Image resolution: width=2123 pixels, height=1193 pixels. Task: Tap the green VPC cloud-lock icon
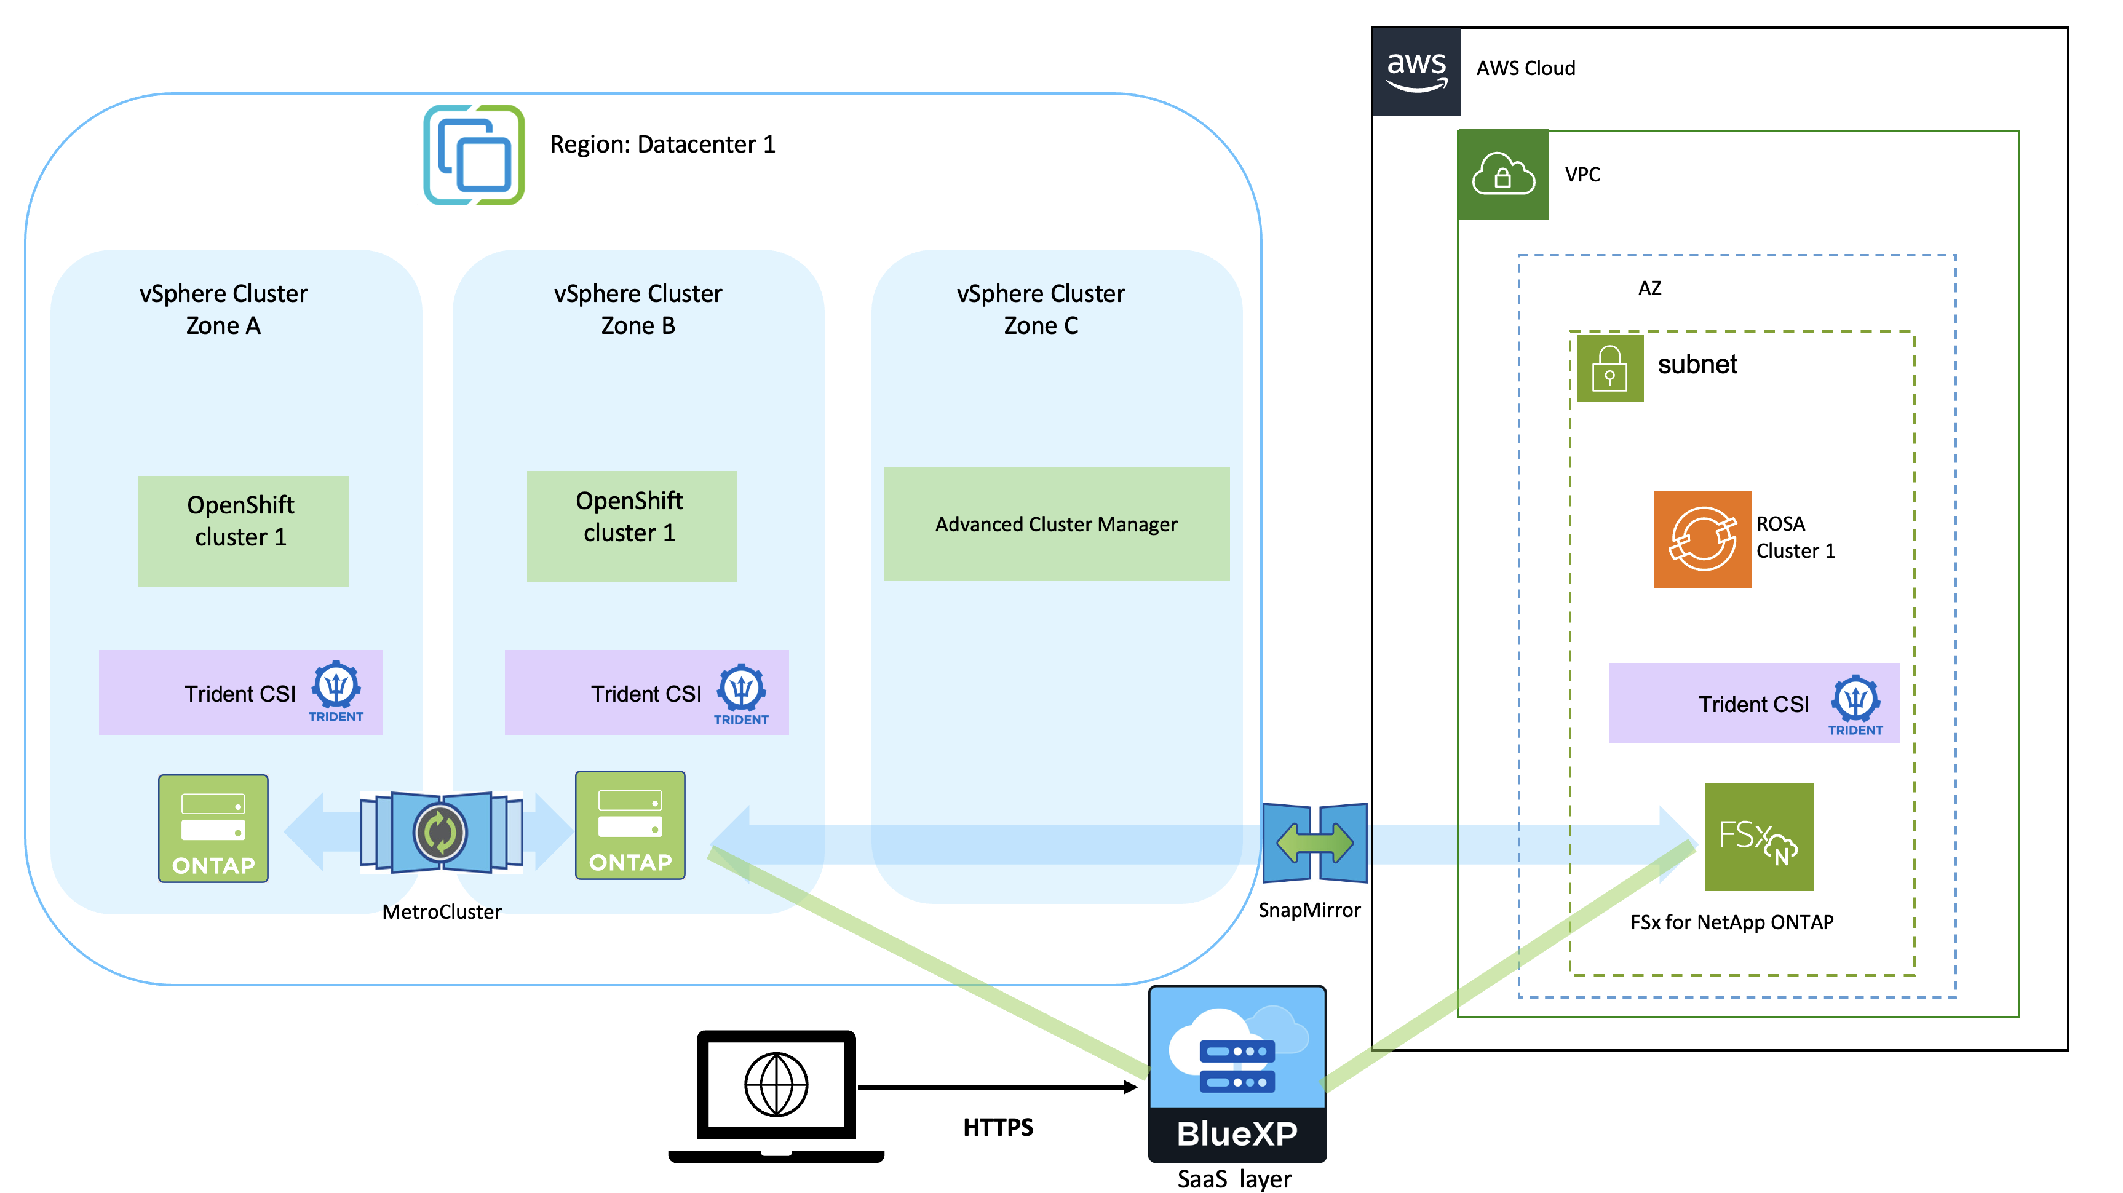(x=1502, y=174)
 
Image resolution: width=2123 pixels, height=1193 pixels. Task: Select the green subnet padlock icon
(x=1609, y=368)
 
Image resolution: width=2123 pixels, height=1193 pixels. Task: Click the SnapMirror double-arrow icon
(x=1314, y=842)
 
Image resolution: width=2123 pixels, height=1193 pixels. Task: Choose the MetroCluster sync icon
(x=441, y=832)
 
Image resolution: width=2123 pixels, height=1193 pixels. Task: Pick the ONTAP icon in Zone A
(x=213, y=828)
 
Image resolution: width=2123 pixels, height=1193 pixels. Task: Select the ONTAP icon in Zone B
(x=630, y=825)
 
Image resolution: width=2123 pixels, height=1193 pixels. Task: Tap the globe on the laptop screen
(x=776, y=1084)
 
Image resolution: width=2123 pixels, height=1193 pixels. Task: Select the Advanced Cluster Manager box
(x=1056, y=524)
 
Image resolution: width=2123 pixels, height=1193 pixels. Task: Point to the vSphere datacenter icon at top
(x=474, y=155)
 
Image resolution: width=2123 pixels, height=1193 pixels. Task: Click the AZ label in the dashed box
(x=1649, y=288)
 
